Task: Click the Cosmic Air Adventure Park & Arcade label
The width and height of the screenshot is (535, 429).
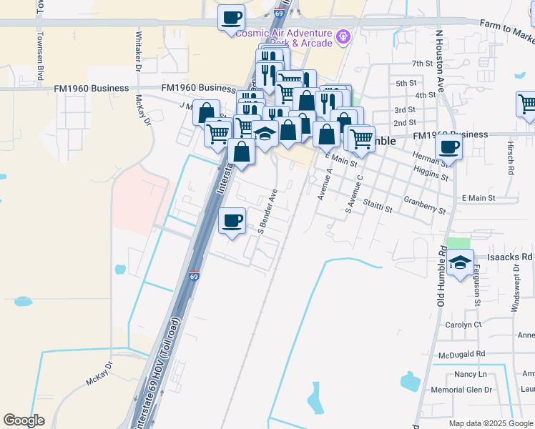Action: [x=285, y=38]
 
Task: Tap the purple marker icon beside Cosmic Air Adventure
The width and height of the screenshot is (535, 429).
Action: [x=343, y=34]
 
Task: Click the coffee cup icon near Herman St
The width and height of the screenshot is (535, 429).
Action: [x=448, y=147]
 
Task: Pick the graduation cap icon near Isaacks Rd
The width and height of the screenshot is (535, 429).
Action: [x=461, y=262]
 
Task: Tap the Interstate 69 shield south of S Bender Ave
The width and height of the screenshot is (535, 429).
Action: [x=194, y=275]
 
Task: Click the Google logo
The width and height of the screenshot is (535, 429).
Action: [x=24, y=420]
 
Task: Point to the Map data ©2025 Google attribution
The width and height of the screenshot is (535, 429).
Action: [x=491, y=423]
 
